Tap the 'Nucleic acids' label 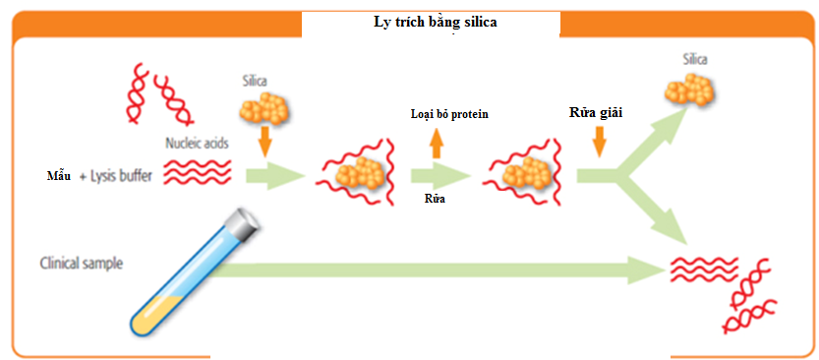pos(196,144)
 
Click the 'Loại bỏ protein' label pos(449,115)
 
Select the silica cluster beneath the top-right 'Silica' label pos(692,92)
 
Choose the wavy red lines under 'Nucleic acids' pos(196,173)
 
